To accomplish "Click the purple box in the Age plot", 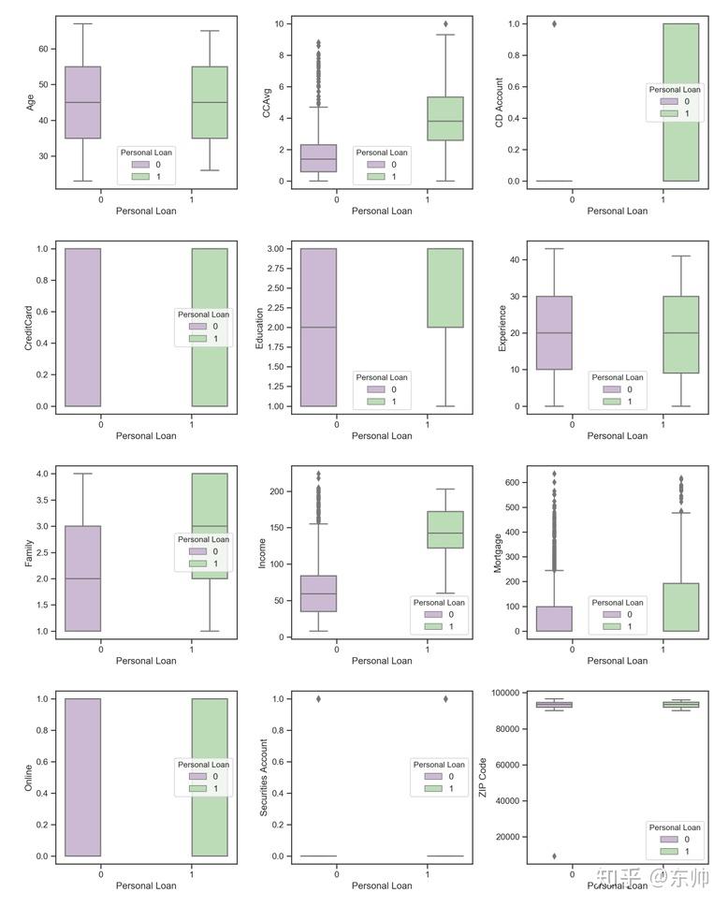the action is click(82, 102).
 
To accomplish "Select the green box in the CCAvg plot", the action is click(445, 119).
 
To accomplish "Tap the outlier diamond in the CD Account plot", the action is click(555, 23).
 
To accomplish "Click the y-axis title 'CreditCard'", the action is click(28, 328).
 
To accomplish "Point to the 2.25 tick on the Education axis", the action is click(276, 308).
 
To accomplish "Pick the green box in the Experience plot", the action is click(681, 334).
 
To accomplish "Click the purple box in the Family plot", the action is click(82, 578).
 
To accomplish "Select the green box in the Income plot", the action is click(445, 529).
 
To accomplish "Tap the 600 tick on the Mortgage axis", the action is click(512, 482).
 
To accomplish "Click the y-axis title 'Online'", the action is click(28, 778).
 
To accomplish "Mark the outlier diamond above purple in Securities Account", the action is click(318, 699).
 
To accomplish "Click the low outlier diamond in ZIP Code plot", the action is click(555, 856).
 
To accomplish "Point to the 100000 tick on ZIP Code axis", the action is click(505, 693).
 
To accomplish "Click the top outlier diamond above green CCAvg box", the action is click(445, 23).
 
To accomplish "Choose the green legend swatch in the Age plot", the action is click(140, 176).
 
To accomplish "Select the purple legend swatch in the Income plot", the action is click(433, 614).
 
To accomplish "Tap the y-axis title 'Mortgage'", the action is click(497, 553).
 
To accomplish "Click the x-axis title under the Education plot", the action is click(382, 435).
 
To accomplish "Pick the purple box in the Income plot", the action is click(318, 593).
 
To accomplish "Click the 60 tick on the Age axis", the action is click(43, 50).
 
